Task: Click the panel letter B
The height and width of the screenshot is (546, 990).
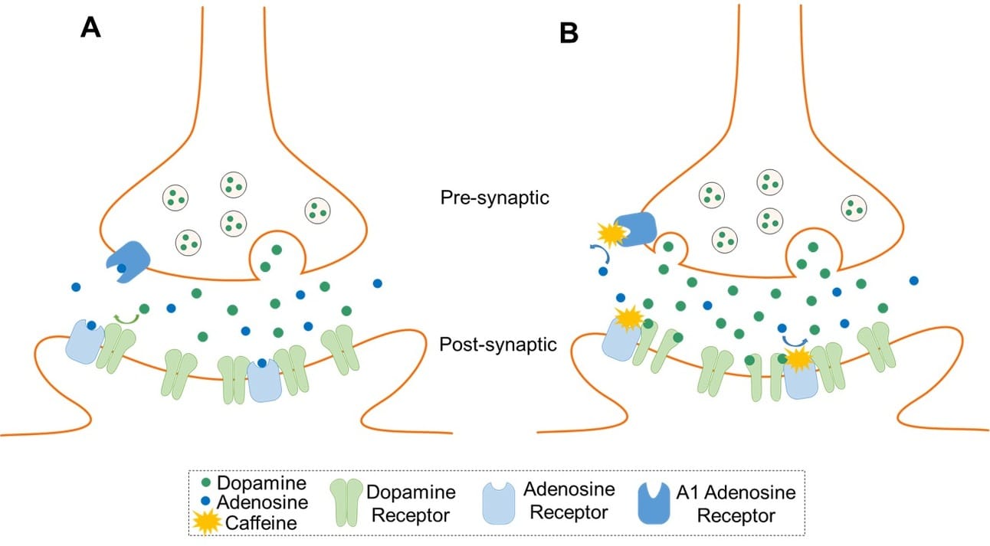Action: [568, 33]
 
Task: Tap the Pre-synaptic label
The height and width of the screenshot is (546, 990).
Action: [495, 198]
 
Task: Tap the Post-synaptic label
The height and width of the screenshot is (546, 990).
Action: [498, 345]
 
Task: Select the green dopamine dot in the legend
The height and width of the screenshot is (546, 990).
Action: [206, 483]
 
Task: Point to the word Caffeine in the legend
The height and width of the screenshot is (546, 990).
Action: [254, 523]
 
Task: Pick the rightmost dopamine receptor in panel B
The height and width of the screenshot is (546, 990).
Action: [874, 347]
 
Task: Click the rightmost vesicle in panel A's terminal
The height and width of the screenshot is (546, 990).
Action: [317, 208]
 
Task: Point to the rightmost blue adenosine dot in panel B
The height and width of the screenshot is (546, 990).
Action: [913, 281]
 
